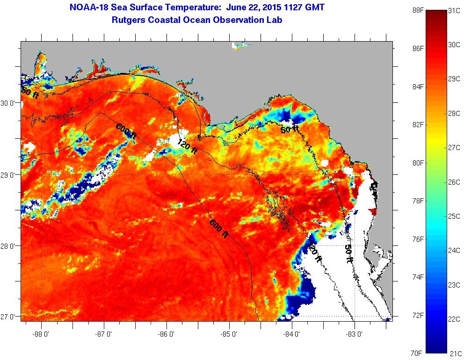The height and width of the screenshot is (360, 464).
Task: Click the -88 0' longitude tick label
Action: (x=41, y=334)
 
